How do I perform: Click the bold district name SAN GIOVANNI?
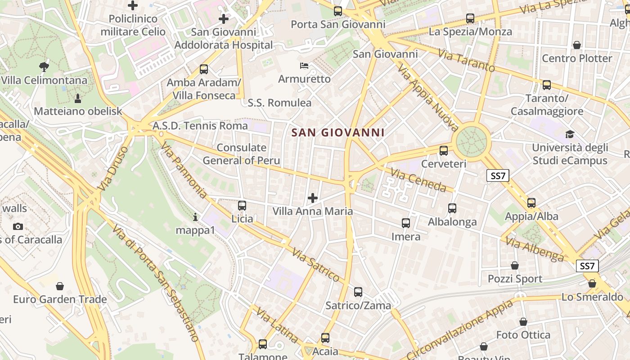coord(338,133)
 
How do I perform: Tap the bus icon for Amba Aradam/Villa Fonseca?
coord(204,69)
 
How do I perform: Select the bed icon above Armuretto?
coord(305,66)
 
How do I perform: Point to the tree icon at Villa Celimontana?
coord(44,67)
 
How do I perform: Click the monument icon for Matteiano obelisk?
coord(78,98)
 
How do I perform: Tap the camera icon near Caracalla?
coord(18,226)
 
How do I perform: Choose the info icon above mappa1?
coord(195,217)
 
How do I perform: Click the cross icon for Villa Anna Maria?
coord(313,198)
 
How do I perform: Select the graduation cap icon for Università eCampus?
coord(570,134)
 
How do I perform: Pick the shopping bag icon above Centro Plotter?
coord(577,45)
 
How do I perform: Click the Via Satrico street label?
coord(315,264)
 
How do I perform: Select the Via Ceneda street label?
coord(418,180)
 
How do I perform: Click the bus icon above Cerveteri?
coord(444,151)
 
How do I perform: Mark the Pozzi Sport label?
coord(515,279)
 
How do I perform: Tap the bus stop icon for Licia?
coord(242,206)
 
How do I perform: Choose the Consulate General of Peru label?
coord(241,154)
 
